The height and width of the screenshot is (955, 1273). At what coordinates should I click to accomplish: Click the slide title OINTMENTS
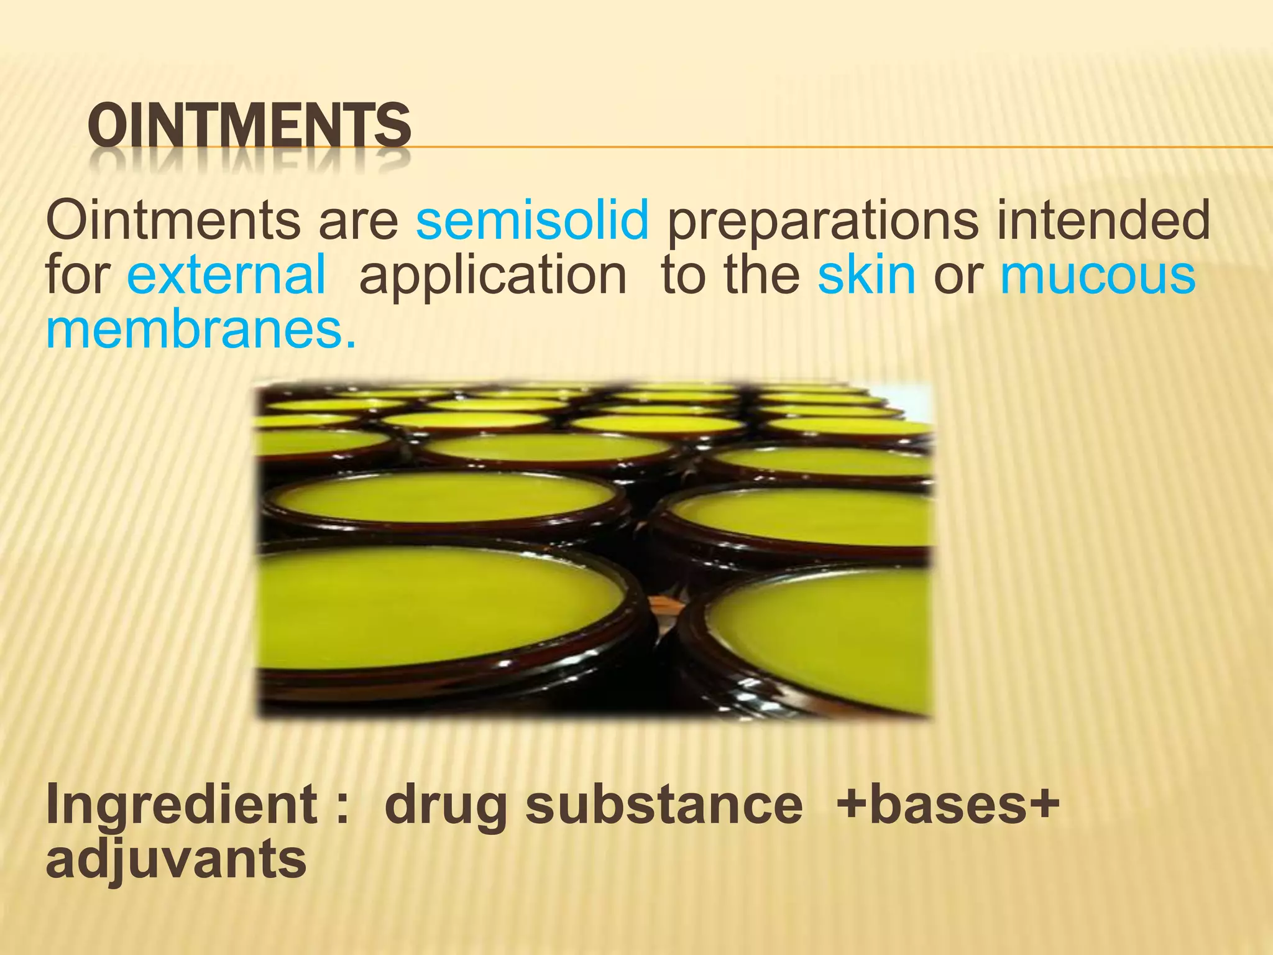click(x=249, y=126)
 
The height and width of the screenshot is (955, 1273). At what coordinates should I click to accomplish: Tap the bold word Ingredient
click(x=182, y=805)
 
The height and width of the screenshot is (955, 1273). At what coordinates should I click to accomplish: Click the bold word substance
click(x=664, y=805)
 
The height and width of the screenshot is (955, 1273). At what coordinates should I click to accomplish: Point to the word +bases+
click(x=947, y=805)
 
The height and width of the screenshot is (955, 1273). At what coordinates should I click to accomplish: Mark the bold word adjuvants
click(x=176, y=859)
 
